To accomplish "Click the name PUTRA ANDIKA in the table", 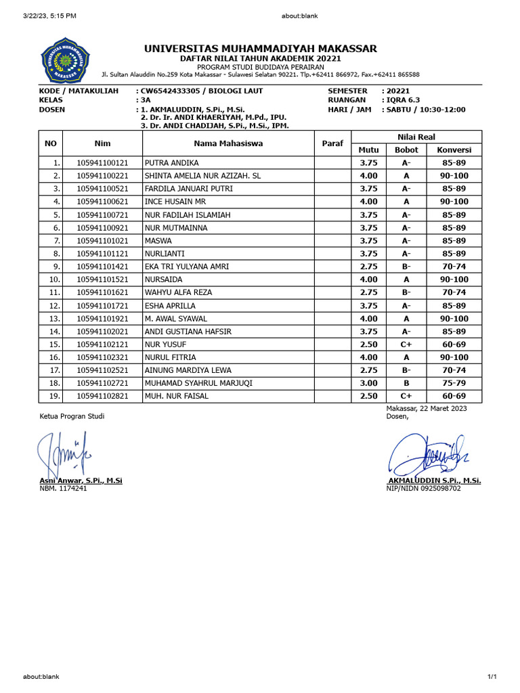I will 171,163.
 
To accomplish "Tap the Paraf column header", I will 332,143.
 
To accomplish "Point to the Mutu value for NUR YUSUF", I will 368,344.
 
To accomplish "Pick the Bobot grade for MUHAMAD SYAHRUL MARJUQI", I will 406,383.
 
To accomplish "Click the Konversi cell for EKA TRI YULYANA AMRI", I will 454,267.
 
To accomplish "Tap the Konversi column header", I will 454,150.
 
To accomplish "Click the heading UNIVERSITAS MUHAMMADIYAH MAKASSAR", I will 261,49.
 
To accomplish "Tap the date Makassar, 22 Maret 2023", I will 426,408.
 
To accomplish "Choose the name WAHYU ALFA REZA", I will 178,292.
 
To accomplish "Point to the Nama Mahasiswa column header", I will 228,143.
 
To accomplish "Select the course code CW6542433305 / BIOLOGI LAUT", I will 201,91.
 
